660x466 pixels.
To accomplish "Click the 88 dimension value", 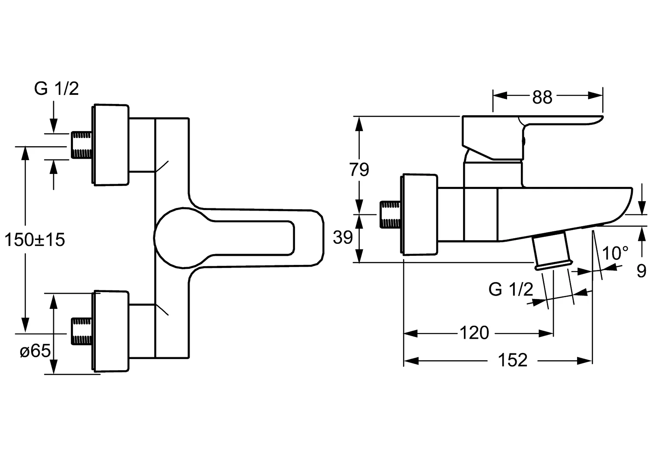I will [x=542, y=98].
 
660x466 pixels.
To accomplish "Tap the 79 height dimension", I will [x=359, y=170].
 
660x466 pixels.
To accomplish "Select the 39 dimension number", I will [x=343, y=237].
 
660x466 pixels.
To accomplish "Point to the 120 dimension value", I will [x=474, y=333].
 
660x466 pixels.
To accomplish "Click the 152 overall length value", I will [x=513, y=360].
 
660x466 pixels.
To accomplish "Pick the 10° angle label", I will [x=615, y=253].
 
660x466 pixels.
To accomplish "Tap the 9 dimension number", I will [x=641, y=271].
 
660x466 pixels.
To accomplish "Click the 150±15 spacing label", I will [x=35, y=239].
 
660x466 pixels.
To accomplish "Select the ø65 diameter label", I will [x=35, y=351].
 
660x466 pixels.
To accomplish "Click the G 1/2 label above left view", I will [x=57, y=89].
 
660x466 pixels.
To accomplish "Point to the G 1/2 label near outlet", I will [x=511, y=289].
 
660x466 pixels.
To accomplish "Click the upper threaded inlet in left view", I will [x=81, y=145].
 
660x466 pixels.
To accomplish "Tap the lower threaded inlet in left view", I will [x=81, y=331].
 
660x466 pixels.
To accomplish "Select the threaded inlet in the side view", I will [x=390, y=214].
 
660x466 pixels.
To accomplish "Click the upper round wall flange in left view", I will [x=111, y=145].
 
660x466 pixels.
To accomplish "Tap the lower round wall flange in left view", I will [x=111, y=331].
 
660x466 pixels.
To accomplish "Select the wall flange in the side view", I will [x=419, y=214].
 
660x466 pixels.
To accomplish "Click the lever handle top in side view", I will [x=531, y=121].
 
